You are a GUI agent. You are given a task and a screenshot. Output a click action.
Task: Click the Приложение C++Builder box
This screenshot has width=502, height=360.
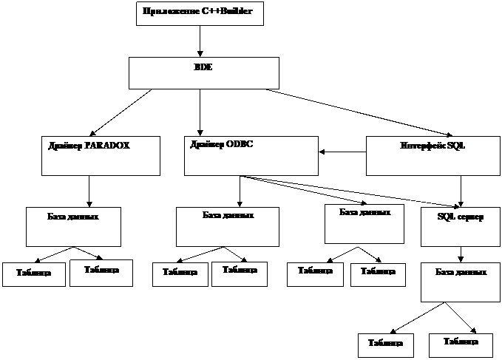[200, 13]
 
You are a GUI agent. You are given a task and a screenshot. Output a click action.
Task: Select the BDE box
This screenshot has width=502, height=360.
[204, 73]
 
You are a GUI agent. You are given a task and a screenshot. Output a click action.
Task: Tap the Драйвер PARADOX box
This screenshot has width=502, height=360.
[101, 155]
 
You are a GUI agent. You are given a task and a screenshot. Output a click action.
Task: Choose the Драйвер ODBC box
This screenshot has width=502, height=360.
[251, 155]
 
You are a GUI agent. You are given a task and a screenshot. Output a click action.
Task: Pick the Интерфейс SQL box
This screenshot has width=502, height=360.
[433, 156]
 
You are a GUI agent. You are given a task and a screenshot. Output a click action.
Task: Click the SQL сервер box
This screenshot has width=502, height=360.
[460, 226]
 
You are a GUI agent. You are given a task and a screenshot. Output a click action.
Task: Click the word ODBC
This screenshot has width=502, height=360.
[241, 144]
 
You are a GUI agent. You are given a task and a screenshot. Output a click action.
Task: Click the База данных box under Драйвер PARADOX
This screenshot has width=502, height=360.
[73, 227]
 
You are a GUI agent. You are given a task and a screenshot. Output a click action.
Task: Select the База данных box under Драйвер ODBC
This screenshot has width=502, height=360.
[228, 226]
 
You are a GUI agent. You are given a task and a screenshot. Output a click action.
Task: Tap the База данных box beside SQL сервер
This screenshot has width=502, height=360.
[364, 224]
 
